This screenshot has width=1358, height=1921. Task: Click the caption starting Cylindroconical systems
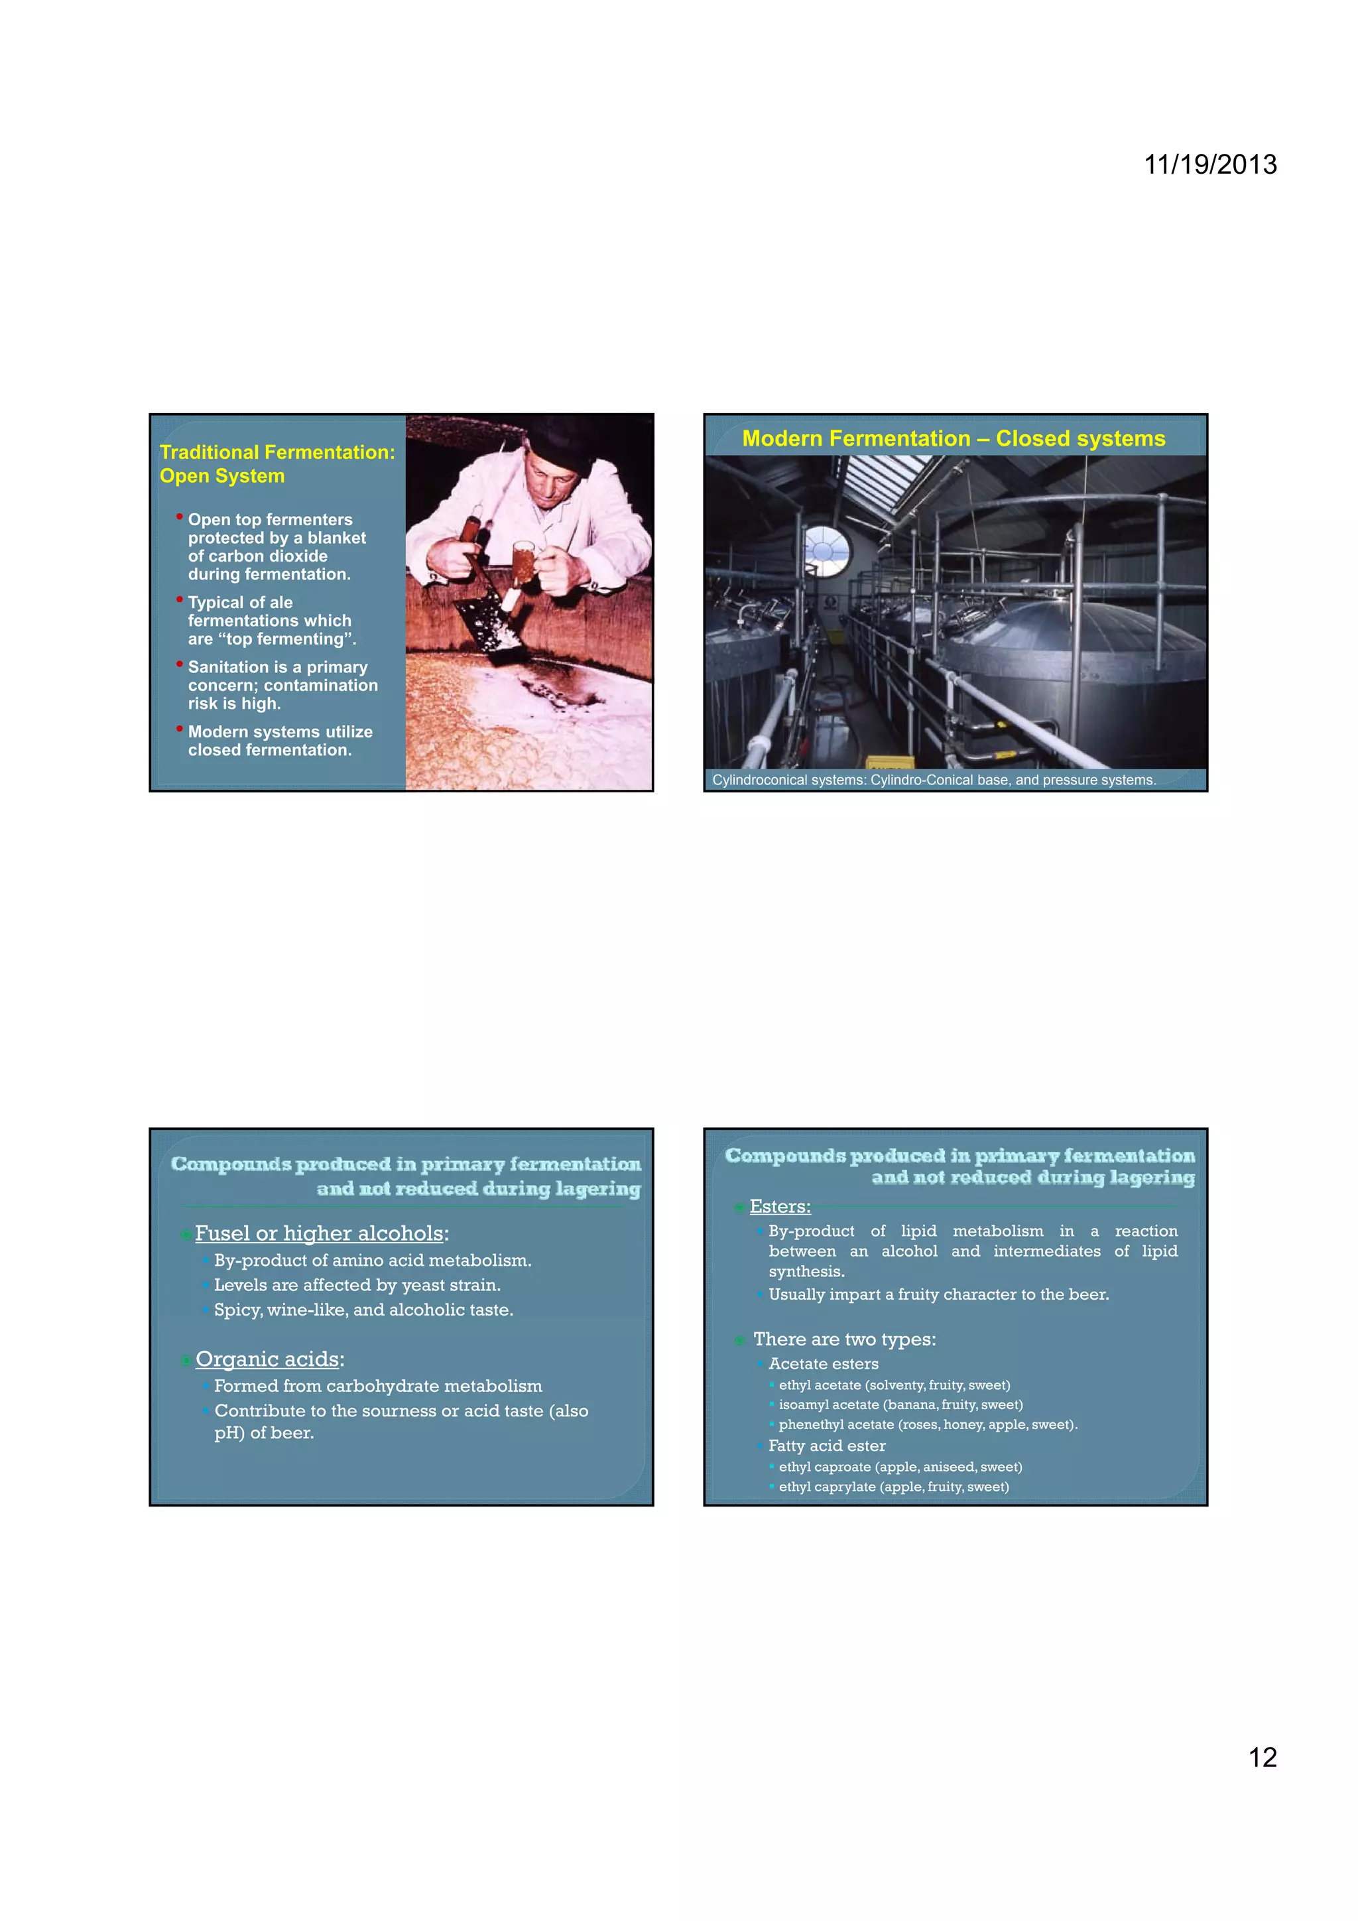933,780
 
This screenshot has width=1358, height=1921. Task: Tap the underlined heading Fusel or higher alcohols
319,1233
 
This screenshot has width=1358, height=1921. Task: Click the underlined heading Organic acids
268,1359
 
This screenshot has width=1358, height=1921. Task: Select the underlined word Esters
780,1206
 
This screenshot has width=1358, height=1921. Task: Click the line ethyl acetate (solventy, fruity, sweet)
894,1385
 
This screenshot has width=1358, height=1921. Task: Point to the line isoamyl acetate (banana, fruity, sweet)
900,1404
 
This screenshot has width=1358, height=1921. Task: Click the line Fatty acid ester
827,1445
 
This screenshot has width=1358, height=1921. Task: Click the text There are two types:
844,1339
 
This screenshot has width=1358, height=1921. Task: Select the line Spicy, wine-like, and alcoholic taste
363,1310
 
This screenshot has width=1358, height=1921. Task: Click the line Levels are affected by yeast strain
357,1284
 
